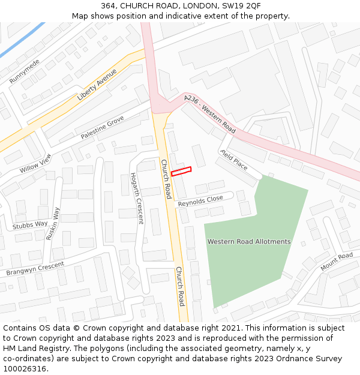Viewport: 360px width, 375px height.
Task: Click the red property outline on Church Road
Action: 181,172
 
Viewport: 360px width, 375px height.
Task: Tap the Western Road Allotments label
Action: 249,242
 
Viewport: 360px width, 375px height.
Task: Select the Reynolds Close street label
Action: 200,200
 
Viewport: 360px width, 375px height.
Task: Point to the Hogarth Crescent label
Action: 137,198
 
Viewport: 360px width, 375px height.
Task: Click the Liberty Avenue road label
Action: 97,85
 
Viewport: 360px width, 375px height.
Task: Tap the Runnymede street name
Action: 25,71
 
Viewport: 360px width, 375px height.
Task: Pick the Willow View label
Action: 35,163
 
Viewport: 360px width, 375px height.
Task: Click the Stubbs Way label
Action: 30,225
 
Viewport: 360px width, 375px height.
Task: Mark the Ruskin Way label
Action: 53,223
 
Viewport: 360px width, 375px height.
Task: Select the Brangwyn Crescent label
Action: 35,269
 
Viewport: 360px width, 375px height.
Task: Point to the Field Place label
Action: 233,159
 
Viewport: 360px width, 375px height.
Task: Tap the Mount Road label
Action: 337,262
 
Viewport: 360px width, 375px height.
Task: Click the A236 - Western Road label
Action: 210,113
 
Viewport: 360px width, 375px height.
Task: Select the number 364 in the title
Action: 109,5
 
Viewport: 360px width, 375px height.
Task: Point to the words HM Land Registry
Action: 31,348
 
